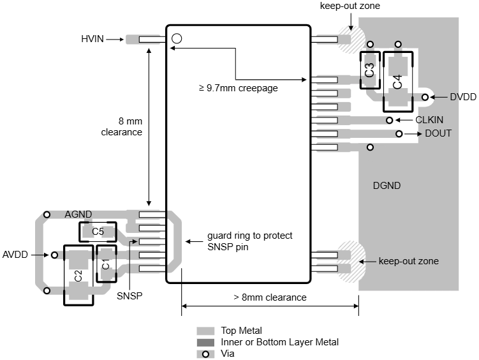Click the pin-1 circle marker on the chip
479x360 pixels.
click(x=177, y=38)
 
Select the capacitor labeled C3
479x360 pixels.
click(x=370, y=70)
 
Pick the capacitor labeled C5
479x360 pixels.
click(x=98, y=232)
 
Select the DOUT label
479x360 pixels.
click(x=438, y=133)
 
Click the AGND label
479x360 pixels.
click(x=78, y=214)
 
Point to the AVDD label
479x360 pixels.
click(x=16, y=255)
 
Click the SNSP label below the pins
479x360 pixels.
click(x=129, y=296)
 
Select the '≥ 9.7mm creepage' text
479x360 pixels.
click(x=239, y=88)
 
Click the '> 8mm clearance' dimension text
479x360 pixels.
click(x=270, y=297)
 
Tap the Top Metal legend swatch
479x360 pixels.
click(x=205, y=331)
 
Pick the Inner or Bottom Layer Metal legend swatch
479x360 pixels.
click(x=205, y=343)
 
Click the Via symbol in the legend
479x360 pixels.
click(x=205, y=354)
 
